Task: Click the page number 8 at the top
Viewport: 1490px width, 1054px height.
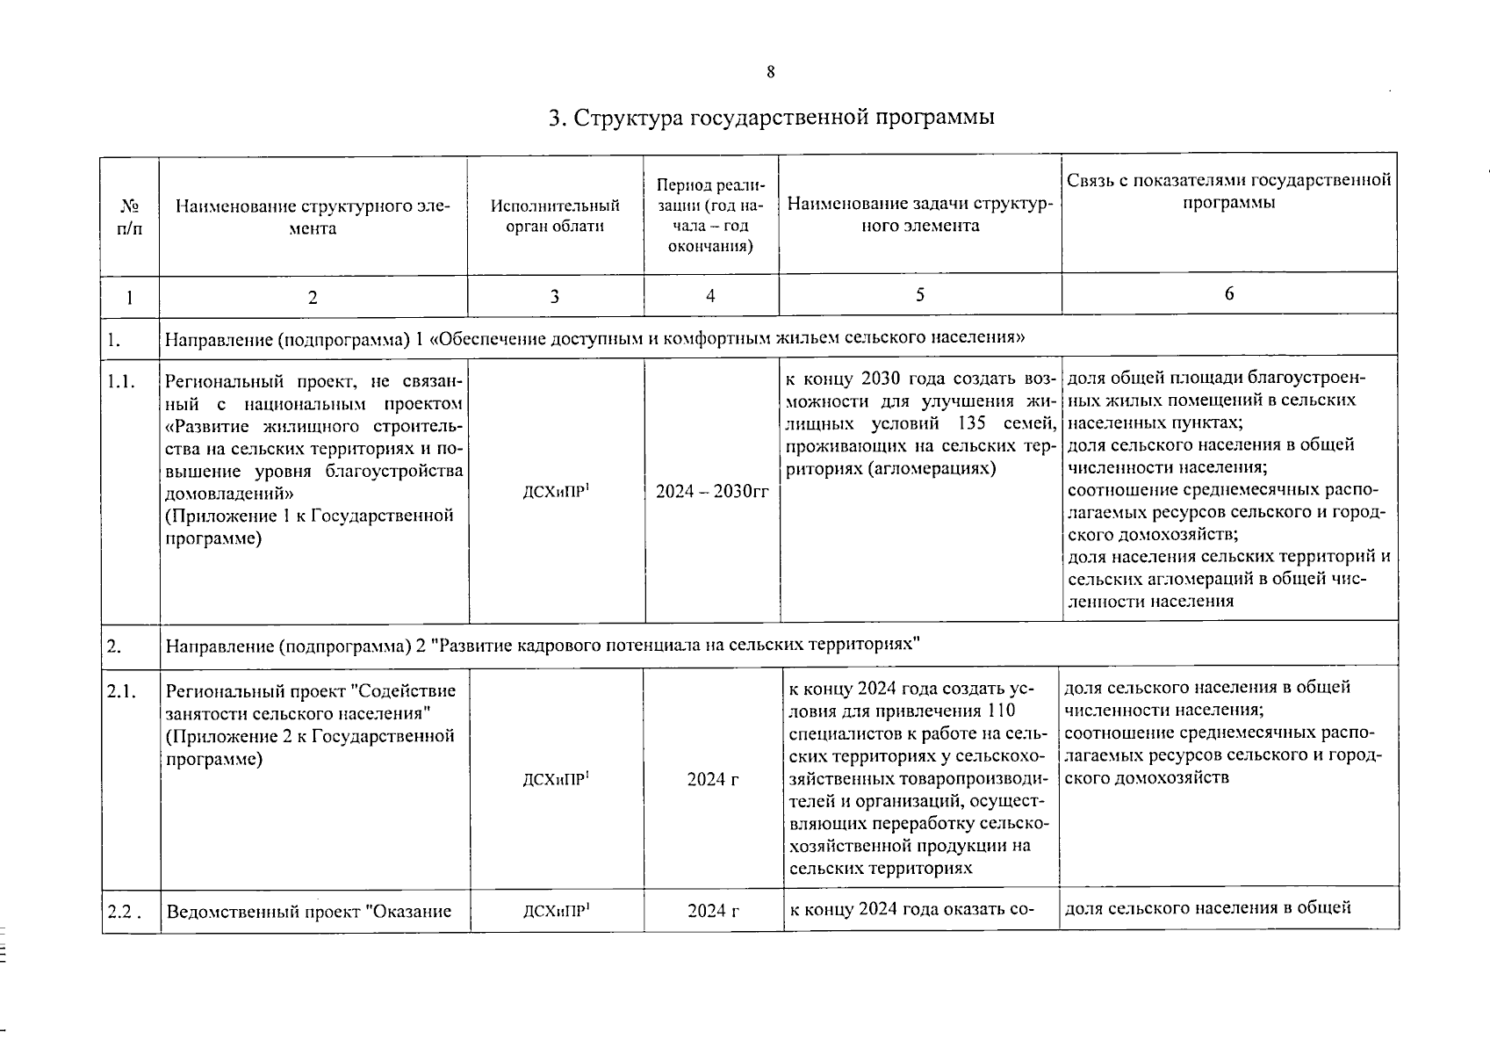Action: (770, 73)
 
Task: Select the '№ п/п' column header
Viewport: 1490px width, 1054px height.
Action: (129, 217)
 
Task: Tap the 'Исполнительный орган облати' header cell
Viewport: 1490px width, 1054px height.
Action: (555, 216)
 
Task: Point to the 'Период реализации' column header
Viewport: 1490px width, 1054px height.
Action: (710, 216)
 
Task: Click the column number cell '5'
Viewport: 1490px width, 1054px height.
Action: (919, 295)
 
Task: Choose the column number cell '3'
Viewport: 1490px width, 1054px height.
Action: (555, 297)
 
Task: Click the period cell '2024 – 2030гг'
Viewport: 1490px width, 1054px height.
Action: (711, 492)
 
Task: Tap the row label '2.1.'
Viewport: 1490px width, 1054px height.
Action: (121, 691)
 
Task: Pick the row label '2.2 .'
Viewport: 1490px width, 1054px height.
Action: (124, 911)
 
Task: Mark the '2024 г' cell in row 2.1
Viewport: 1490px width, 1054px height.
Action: (712, 779)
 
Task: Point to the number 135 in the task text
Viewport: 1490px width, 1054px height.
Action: (978, 423)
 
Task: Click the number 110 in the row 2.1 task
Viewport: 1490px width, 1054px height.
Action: (1000, 711)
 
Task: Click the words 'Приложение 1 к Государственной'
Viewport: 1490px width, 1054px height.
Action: (310, 516)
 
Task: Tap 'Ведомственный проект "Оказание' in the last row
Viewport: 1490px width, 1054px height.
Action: (308, 911)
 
